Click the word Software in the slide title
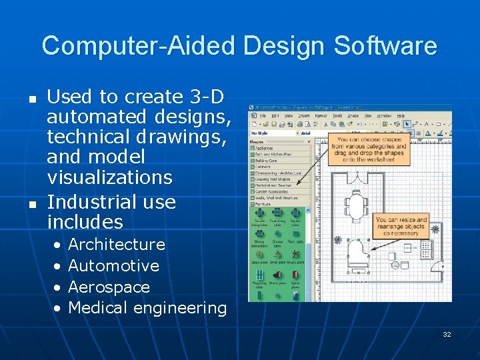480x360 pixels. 385,46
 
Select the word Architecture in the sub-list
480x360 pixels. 117,245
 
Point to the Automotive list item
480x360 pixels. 113,266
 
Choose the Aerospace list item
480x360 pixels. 109,287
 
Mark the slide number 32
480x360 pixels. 447,334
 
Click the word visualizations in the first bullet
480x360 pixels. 109,177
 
